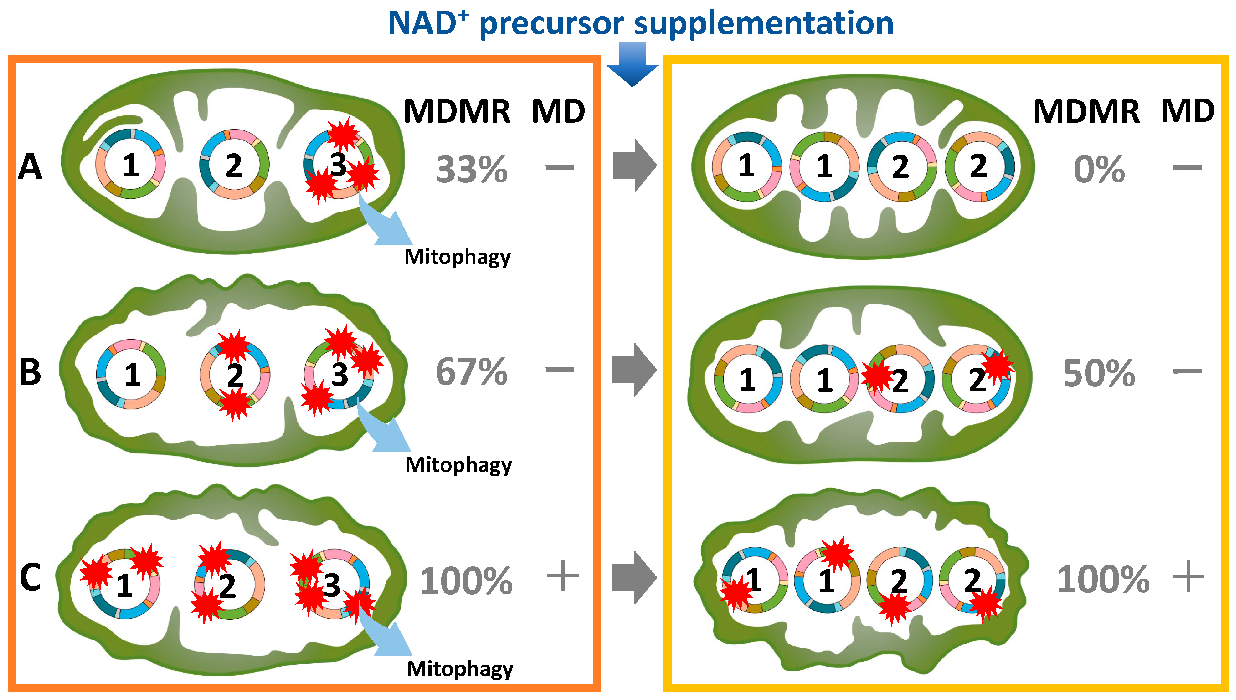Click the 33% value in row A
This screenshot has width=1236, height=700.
point(472,170)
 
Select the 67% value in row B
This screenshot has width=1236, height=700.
point(472,372)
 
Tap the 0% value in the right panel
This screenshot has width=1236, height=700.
point(1099,170)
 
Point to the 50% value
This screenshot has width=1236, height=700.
point(1099,373)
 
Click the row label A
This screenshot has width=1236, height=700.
point(30,167)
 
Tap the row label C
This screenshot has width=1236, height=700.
point(30,577)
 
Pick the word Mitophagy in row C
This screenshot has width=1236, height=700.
point(459,669)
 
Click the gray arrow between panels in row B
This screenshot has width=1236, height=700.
point(634,370)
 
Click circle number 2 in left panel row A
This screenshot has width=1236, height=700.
point(234,165)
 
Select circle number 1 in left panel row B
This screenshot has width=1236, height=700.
point(131,374)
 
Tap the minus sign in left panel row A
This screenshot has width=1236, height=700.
point(560,168)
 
